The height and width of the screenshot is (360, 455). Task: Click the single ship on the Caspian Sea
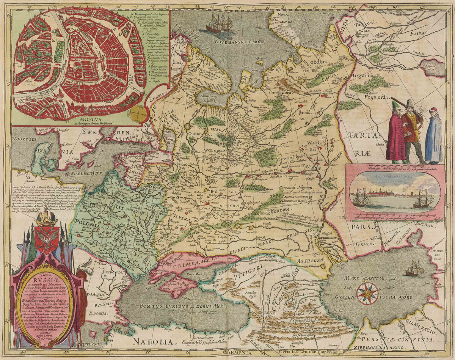click(414, 269)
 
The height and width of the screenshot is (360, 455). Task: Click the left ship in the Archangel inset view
click(361, 198)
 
